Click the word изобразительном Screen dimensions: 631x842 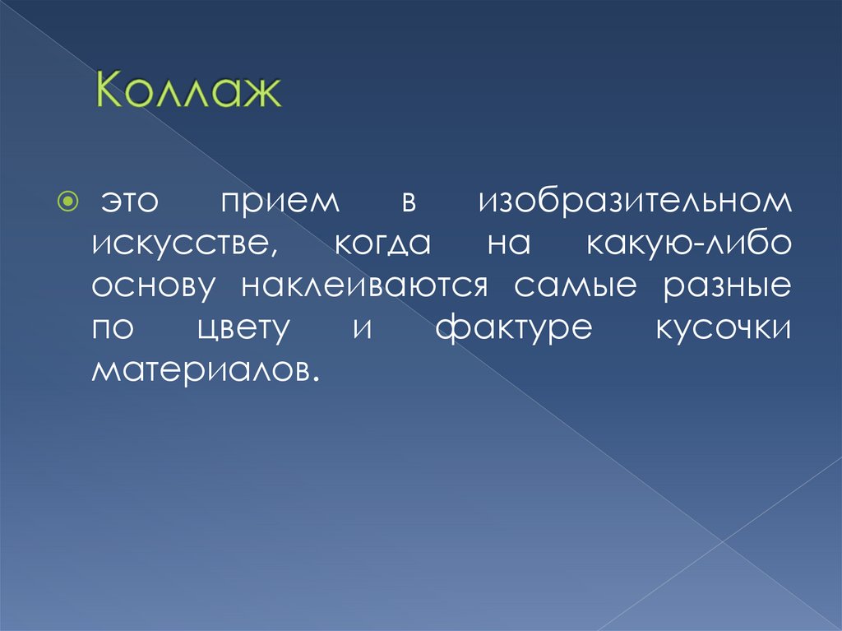pos(634,203)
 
